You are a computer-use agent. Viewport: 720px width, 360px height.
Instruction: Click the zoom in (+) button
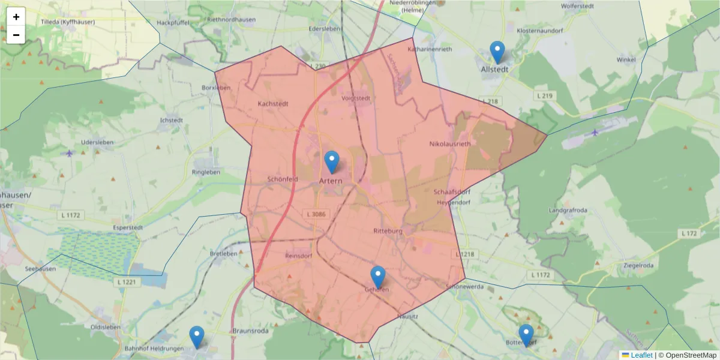tap(16, 17)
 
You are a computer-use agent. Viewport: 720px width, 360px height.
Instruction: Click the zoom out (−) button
tap(16, 35)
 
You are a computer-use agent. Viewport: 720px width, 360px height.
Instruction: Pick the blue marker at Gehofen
tap(377, 277)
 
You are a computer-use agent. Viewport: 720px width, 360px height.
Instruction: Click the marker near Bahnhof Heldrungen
tap(196, 337)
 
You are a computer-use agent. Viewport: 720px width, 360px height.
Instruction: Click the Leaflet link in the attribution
tap(641, 355)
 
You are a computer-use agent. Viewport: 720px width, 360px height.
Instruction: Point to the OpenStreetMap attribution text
tap(687, 355)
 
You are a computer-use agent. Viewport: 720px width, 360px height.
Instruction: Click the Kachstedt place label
tap(273, 103)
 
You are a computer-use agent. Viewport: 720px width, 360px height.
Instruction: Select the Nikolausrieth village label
tap(450, 144)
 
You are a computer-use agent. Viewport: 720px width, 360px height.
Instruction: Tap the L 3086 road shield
tap(316, 214)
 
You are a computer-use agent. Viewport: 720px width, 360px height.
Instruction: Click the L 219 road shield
tap(544, 95)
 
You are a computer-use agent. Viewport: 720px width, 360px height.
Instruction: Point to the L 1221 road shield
tap(129, 281)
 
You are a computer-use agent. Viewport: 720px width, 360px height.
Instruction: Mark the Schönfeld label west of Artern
tap(282, 179)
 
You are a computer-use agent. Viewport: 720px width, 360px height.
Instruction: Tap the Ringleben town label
tap(206, 172)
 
